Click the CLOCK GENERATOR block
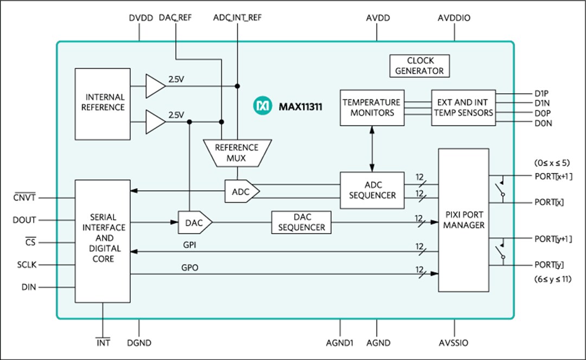coord(419,66)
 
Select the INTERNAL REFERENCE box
coord(103,102)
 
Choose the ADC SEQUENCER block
coord(372,190)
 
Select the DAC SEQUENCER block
coord(301,222)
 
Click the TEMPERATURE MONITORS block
coord(372,107)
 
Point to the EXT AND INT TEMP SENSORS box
coord(463,107)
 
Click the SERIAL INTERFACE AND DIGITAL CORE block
coord(103,241)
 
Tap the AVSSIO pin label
coord(453,343)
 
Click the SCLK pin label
coord(26,265)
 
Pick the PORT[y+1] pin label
coord(553,239)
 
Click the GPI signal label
coord(190,245)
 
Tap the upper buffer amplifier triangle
coord(155,86)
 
